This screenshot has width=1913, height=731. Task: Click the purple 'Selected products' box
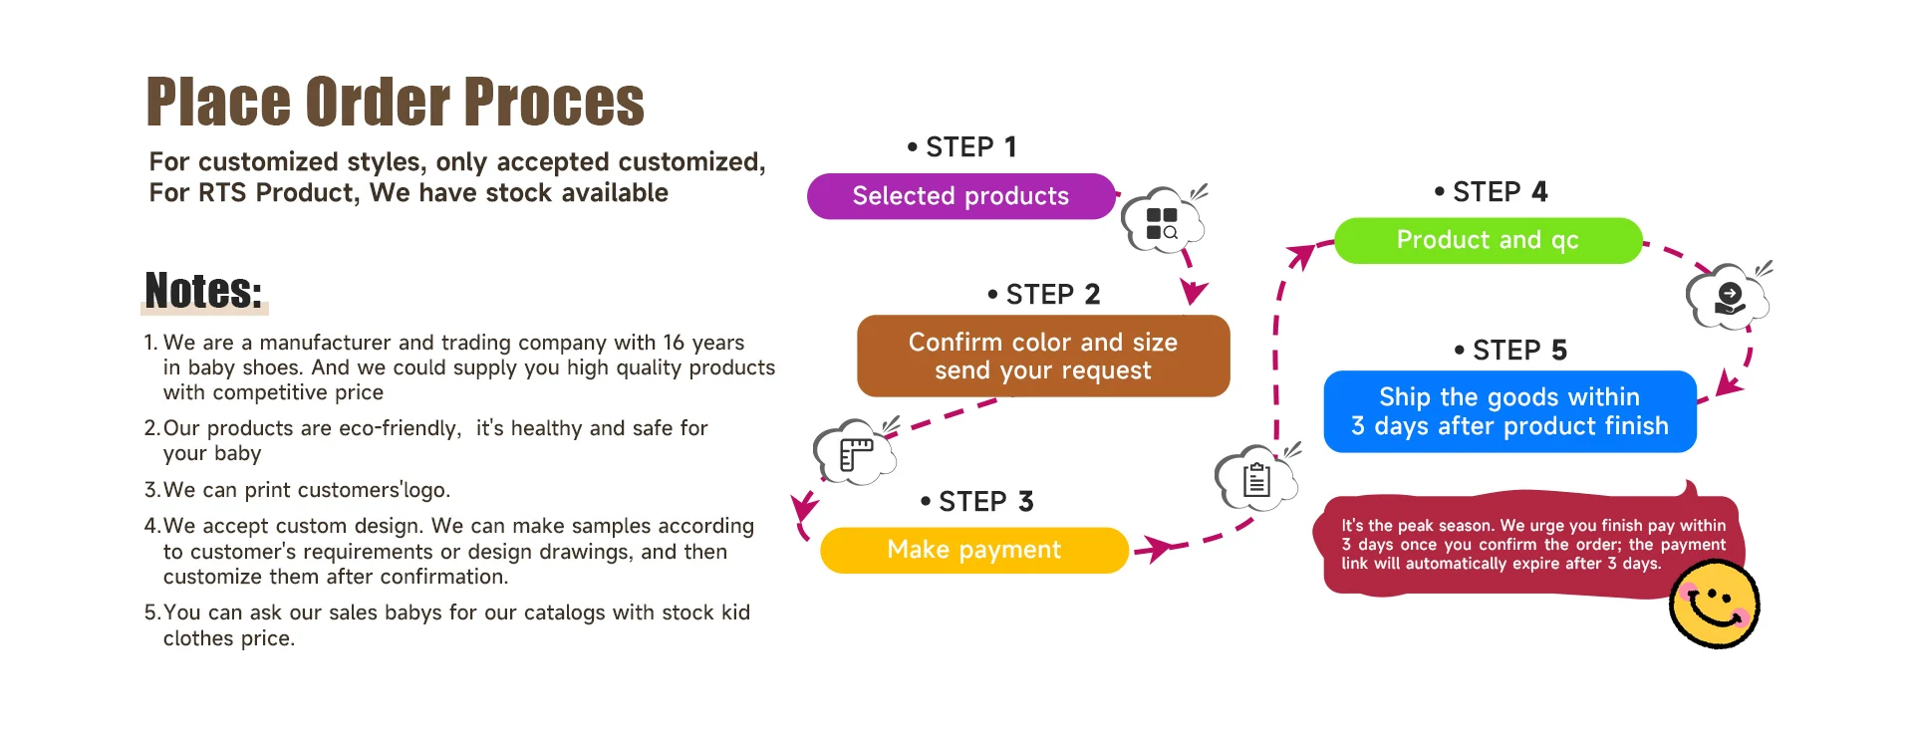point(961,196)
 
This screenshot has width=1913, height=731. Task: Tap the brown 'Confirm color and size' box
point(1043,356)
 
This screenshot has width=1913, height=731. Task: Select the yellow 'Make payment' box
point(974,550)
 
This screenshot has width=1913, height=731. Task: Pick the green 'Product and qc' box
point(1488,240)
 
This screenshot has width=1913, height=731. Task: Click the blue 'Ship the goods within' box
point(1509,411)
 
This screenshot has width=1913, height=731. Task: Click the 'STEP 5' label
point(1510,351)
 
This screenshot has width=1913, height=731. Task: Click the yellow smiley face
point(1714,604)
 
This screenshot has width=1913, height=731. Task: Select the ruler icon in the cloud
point(855,452)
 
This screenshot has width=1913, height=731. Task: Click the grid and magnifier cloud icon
point(1163,221)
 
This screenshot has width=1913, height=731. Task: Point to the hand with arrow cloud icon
point(1729,297)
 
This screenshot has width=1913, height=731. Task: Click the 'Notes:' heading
point(204,290)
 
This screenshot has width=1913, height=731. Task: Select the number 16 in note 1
point(674,343)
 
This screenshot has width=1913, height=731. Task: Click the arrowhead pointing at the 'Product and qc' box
point(1301,257)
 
